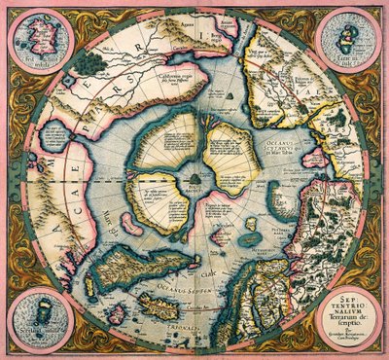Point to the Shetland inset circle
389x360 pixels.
(38, 318)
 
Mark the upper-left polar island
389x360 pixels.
(165, 146)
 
